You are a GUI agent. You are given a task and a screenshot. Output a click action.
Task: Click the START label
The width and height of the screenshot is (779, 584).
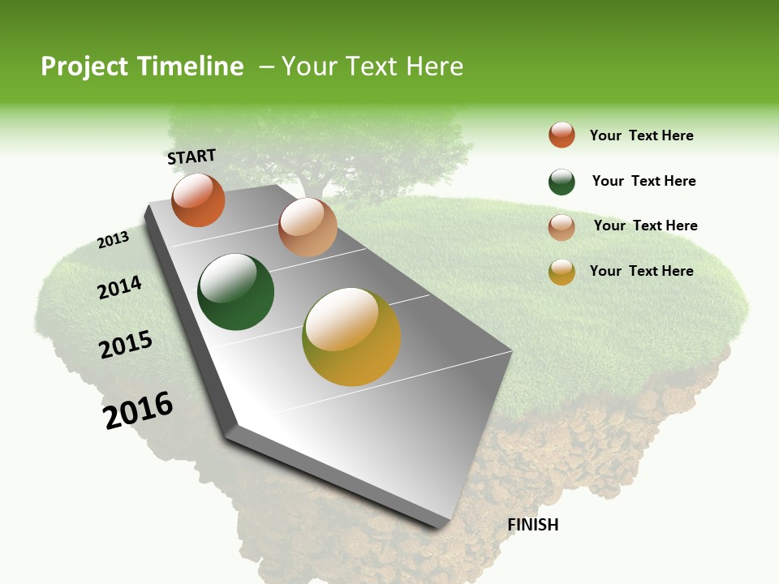click(x=192, y=157)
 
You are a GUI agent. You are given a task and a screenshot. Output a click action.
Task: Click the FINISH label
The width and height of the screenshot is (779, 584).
click(x=532, y=525)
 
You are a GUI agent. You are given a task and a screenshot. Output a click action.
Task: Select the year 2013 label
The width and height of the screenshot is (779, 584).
click(x=114, y=240)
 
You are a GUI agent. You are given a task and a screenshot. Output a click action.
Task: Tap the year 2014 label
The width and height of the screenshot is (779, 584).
click(x=119, y=288)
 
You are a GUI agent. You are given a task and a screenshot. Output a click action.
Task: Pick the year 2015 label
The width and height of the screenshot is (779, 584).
click(x=126, y=345)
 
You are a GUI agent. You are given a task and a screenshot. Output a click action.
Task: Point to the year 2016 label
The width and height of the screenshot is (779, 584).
click(x=139, y=410)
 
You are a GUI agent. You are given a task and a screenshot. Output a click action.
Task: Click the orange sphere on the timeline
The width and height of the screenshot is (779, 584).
click(x=198, y=200)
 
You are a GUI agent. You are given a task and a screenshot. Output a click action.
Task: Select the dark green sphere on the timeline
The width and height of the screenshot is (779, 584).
click(x=236, y=292)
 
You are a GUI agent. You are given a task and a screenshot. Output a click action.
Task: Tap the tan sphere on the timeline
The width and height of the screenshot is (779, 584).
click(x=308, y=226)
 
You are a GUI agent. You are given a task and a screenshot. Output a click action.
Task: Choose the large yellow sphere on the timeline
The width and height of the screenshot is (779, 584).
click(x=351, y=337)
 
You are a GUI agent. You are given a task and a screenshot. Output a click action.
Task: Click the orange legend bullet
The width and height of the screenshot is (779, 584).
click(x=562, y=135)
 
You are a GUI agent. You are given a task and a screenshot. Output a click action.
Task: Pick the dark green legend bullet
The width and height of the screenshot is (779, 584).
click(x=562, y=182)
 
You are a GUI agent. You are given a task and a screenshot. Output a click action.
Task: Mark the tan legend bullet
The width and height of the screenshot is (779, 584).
click(x=562, y=227)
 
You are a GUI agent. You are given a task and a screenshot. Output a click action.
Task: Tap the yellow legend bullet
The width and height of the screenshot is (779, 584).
click(x=562, y=272)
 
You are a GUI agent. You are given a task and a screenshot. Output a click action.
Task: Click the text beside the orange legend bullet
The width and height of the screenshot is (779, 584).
click(x=641, y=135)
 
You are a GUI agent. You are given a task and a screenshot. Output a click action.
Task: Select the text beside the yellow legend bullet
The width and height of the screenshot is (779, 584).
click(x=641, y=271)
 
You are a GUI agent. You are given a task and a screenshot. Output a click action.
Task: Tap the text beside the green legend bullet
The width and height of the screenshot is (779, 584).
click(x=643, y=181)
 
